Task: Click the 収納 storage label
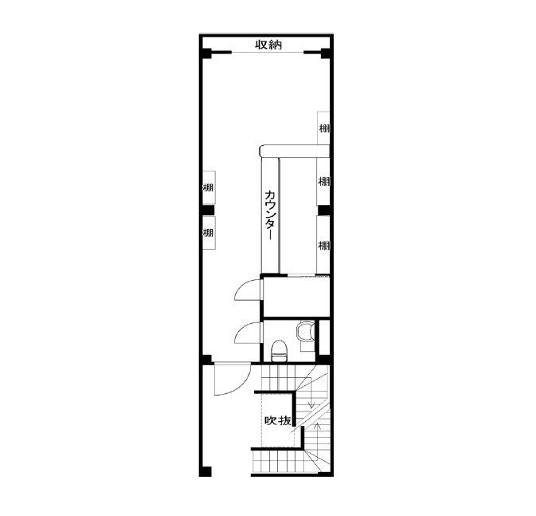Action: (268, 45)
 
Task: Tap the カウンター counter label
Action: (270, 215)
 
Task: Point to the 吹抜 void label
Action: (278, 420)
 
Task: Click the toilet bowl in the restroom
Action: (280, 351)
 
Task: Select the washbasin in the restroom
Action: (305, 332)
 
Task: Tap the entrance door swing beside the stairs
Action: (233, 380)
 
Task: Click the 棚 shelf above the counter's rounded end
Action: (323, 128)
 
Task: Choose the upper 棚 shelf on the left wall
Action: (209, 187)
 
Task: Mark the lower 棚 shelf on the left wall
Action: (209, 233)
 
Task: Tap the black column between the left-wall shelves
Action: (208, 210)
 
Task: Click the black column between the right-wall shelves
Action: (323, 210)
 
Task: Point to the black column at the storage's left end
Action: (206, 53)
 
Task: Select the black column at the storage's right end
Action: (325, 53)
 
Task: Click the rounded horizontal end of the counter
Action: (295, 151)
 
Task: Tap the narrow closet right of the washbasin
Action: (324, 337)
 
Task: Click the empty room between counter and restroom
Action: (296, 297)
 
